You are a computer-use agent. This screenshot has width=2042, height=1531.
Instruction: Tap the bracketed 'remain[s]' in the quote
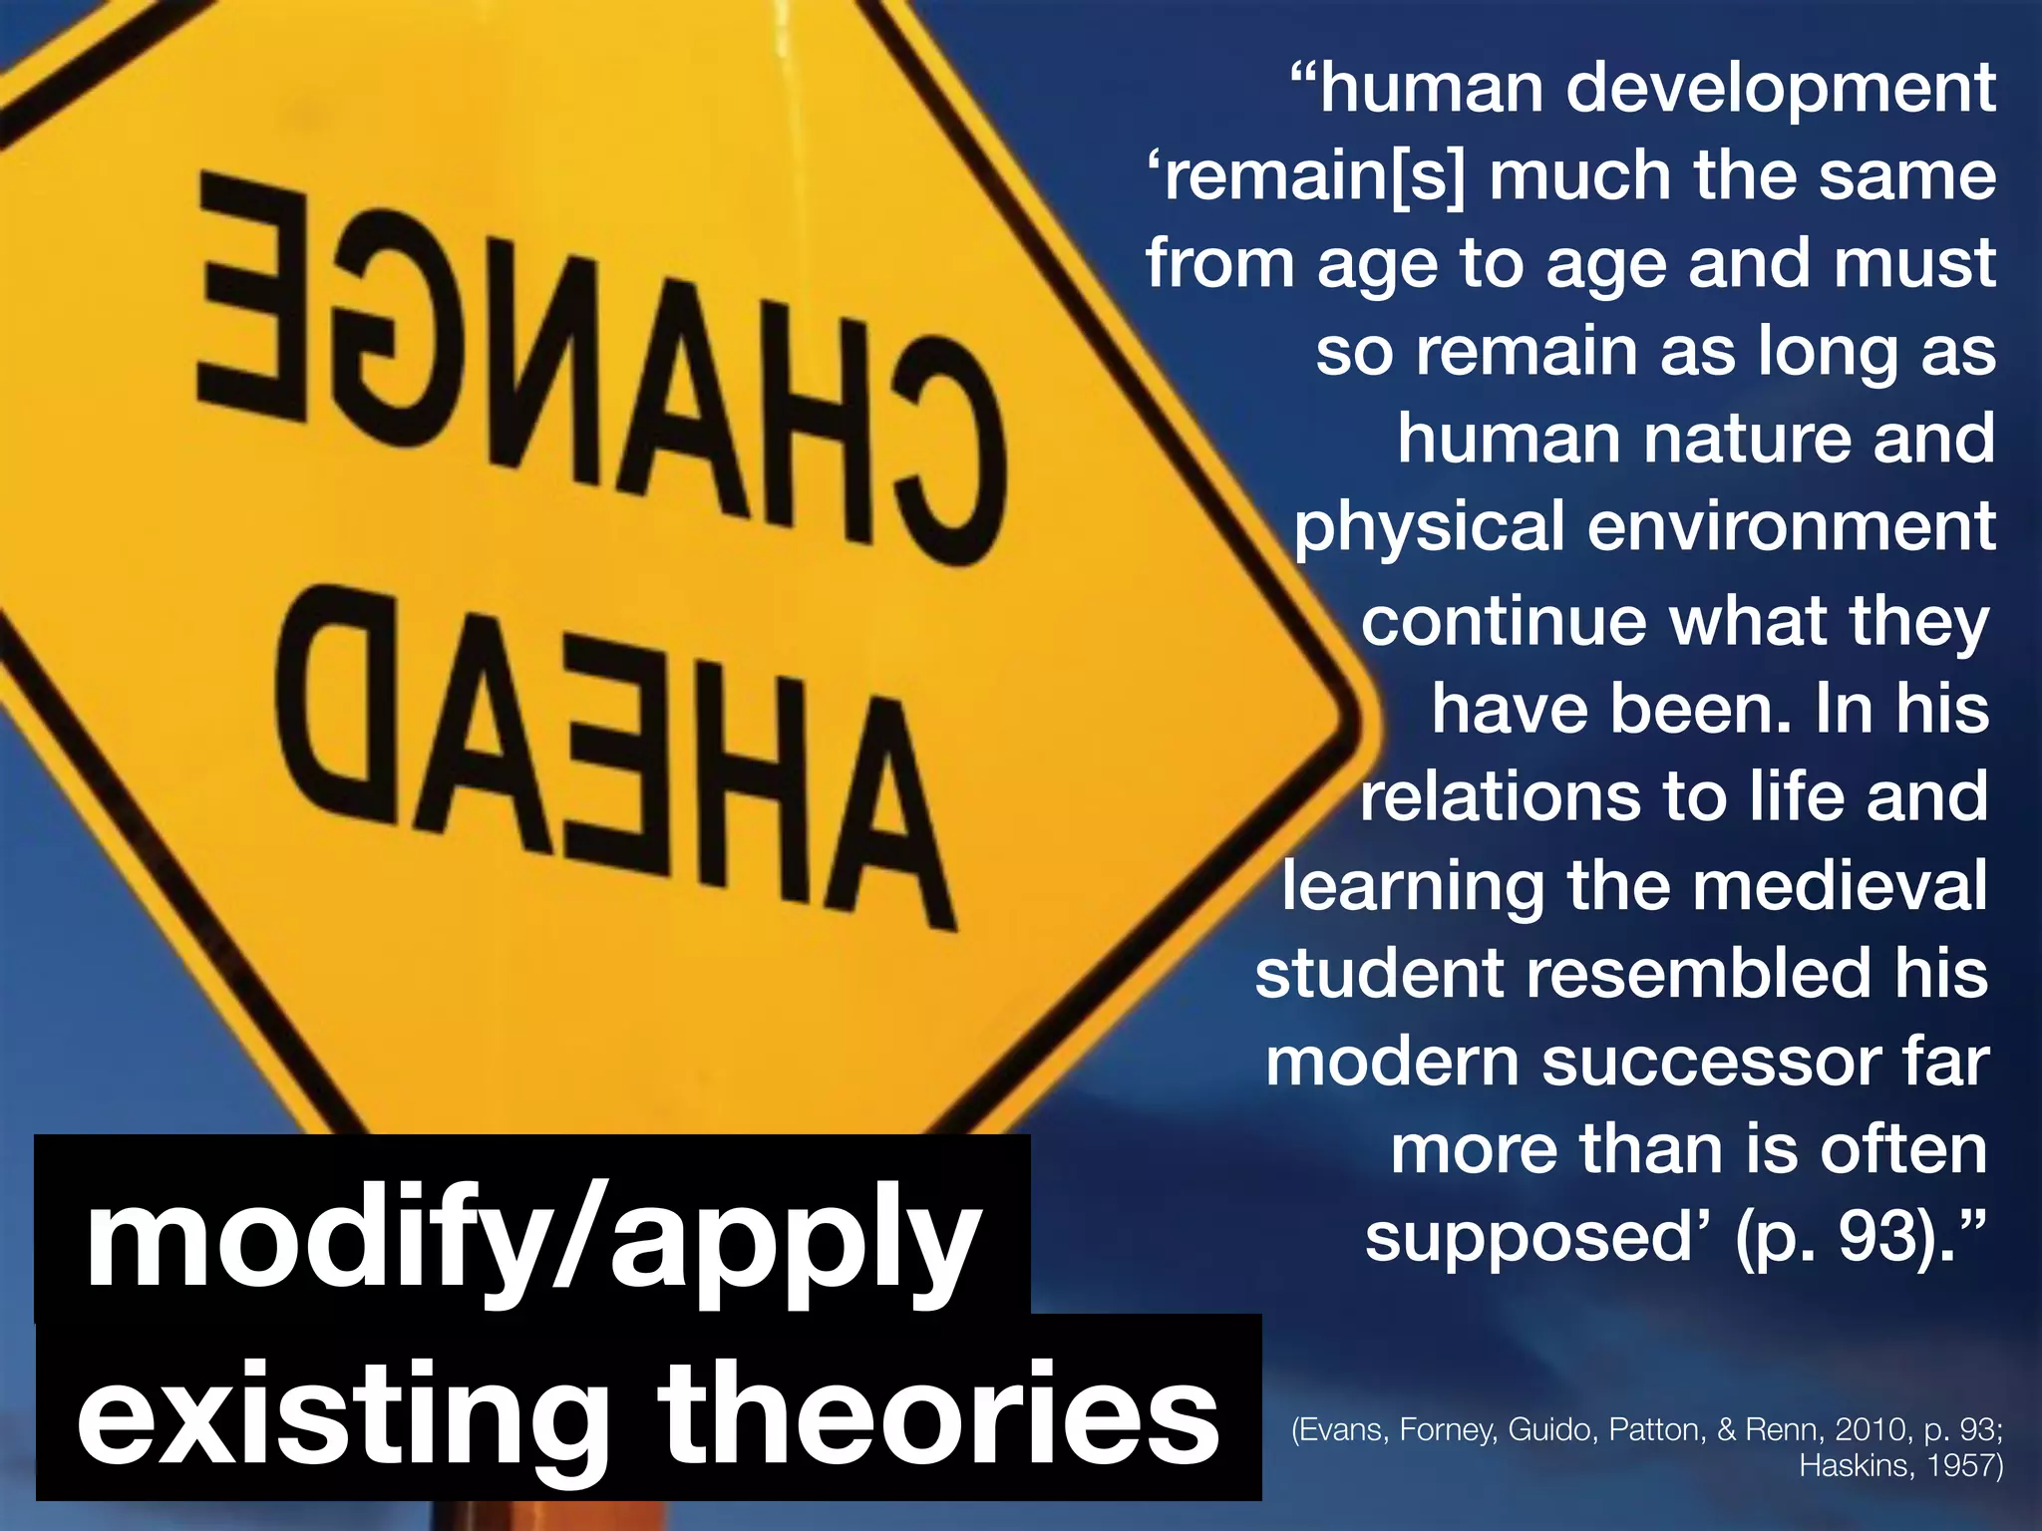coord(1306,177)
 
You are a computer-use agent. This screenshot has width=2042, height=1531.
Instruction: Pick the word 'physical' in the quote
coord(1429,528)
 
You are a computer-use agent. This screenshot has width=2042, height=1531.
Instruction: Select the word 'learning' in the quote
coord(1413,887)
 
